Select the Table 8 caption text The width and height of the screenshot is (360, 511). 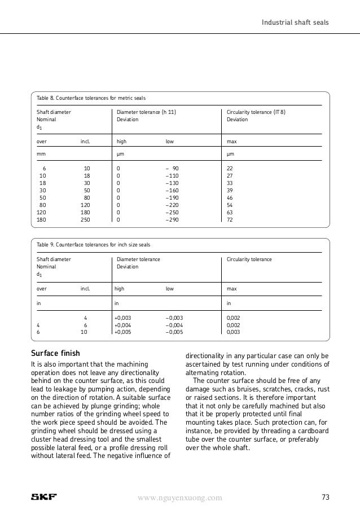coord(91,99)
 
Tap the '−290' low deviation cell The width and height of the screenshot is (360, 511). coord(174,219)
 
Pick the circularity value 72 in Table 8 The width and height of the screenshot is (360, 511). coord(230,219)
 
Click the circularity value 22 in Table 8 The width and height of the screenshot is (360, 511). coord(230,168)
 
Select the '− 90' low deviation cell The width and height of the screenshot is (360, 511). coord(173,168)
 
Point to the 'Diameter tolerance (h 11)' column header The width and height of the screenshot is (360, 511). coord(146,112)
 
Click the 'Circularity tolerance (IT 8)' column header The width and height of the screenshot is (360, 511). coord(256,112)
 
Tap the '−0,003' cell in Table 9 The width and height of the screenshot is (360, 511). coord(174,318)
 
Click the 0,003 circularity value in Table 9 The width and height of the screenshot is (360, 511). coord(233,333)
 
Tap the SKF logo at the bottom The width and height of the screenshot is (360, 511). coord(43,497)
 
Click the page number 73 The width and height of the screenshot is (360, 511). coord(325,497)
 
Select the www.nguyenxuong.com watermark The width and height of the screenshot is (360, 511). coord(180,497)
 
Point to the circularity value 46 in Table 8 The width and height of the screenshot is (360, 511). coord(230,197)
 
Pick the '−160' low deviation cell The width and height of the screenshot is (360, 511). coord(174,190)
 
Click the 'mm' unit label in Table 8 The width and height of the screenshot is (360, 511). coord(41,153)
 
